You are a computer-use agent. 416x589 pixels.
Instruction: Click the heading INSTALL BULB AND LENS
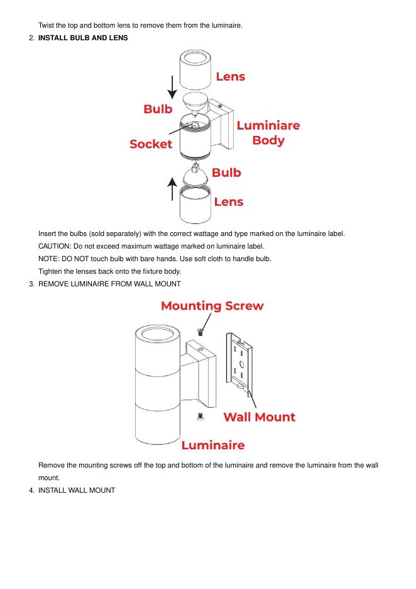tap(83, 38)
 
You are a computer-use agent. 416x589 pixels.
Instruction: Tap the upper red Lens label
tap(230, 77)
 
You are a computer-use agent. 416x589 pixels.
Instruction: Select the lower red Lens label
tap(228, 202)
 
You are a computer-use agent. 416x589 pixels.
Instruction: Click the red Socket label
tap(151, 144)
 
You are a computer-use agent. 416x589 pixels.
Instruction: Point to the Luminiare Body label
tap(268, 133)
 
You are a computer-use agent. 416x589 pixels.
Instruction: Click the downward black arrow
tap(172, 87)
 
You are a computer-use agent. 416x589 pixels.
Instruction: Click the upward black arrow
tap(172, 189)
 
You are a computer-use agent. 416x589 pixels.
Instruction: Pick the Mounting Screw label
tap(212, 306)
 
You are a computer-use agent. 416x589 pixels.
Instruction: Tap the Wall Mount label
tap(259, 417)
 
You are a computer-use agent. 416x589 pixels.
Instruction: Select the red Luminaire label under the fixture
tap(212, 446)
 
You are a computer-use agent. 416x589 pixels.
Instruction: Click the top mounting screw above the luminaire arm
tap(200, 331)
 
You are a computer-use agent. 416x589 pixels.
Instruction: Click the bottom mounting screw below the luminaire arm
tap(200, 416)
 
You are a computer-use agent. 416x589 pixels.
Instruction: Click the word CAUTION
tap(55, 246)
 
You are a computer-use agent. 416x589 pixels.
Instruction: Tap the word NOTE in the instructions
tap(48, 259)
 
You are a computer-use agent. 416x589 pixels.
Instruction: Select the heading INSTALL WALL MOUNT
tap(76, 490)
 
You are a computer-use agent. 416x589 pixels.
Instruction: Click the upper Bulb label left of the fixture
tap(158, 109)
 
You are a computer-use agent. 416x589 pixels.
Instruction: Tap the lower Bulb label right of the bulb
tap(226, 172)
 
